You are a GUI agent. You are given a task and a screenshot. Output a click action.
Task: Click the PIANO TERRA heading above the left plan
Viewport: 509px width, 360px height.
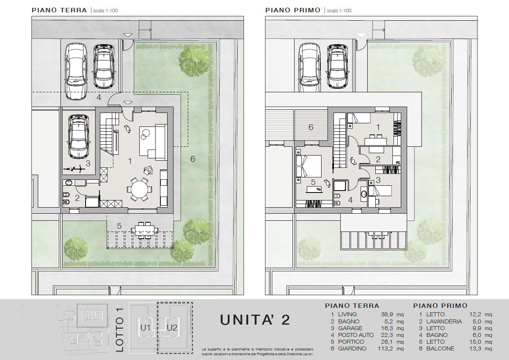tap(59, 10)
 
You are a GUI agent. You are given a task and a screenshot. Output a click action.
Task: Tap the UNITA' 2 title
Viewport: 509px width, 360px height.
tap(255, 320)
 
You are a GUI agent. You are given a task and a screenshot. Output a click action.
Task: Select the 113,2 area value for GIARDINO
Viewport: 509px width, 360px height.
tap(385, 348)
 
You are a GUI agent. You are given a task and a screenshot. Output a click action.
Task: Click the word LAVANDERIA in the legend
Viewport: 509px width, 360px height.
tap(444, 321)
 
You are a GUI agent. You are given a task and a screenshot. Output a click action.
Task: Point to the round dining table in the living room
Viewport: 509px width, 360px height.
tap(140, 189)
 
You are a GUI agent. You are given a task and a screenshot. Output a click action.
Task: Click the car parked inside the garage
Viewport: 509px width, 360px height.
tap(79, 136)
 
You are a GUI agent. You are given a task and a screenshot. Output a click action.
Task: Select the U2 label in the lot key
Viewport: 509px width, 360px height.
tap(172, 328)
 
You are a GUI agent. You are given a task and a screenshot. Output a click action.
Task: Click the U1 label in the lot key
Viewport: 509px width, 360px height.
tap(145, 328)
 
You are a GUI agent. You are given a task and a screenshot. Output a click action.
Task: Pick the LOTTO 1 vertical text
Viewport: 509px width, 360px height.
tap(119, 330)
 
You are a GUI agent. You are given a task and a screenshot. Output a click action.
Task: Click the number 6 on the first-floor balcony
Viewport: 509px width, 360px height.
tap(311, 127)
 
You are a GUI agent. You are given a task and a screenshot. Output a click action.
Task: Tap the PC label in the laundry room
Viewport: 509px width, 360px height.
tap(398, 163)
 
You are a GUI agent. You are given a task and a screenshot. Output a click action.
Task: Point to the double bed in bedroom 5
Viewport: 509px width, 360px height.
tap(308, 166)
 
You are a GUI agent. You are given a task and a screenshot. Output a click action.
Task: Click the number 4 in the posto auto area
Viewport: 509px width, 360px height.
tap(99, 97)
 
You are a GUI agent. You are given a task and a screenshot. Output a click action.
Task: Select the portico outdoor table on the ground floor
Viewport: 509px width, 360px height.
tap(144, 230)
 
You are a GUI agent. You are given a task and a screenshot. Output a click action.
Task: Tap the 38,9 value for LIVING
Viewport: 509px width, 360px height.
tap(387, 314)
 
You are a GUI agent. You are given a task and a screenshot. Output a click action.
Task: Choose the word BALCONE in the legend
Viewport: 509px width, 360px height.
tap(441, 348)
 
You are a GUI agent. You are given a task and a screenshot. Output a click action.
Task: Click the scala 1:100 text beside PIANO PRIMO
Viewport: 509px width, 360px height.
tap(339, 10)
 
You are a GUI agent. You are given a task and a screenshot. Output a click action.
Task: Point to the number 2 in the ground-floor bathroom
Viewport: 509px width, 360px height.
tap(77, 198)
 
